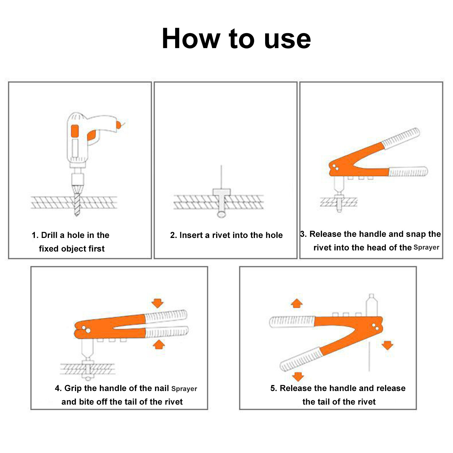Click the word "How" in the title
pyautogui.click(x=191, y=38)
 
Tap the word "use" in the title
pyautogui.click(x=287, y=41)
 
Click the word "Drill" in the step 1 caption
pyautogui.click(x=49, y=235)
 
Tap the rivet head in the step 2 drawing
pyautogui.click(x=222, y=192)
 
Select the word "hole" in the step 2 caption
pyautogui.click(x=274, y=235)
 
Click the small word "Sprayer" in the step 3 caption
pyautogui.click(x=426, y=248)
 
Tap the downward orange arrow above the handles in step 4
pyautogui.click(x=157, y=303)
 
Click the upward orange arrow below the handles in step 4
pyautogui.click(x=159, y=344)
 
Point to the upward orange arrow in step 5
pyautogui.click(x=297, y=303)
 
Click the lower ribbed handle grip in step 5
pyautogui.click(x=301, y=360)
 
